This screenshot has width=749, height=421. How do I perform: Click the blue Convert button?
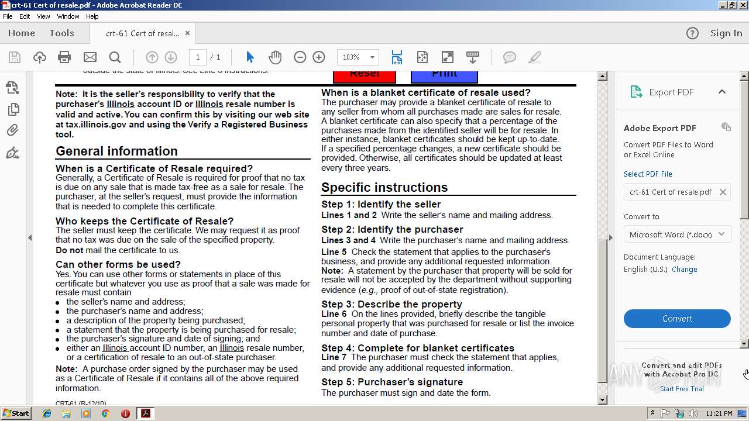pos(677,319)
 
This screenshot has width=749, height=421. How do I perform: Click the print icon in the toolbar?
pos(64,57)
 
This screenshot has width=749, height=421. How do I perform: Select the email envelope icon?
pos(90,57)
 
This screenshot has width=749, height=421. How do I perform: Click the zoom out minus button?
pos(300,57)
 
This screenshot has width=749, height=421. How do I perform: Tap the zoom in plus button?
pos(319,57)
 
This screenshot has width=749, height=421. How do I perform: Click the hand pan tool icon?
pos(275,57)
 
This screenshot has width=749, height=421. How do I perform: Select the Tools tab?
pos(61,33)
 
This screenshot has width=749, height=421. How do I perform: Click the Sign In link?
pos(726,33)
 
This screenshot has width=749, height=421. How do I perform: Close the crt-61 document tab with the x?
pos(188,33)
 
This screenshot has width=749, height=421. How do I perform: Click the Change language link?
pos(684,270)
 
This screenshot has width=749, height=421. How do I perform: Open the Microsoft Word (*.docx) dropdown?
pos(677,234)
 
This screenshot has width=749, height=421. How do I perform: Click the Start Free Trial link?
pos(682,389)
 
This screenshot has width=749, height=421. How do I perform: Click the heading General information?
pos(116,151)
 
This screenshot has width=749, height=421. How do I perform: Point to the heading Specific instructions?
pos(384,187)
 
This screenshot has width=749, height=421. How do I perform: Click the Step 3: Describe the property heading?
pos(391,304)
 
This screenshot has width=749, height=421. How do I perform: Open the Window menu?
pos(68,16)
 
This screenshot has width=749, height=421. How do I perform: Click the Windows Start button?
pos(16,413)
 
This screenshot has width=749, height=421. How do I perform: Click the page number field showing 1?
pos(198,57)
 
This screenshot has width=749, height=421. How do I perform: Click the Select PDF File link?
pos(648,174)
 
